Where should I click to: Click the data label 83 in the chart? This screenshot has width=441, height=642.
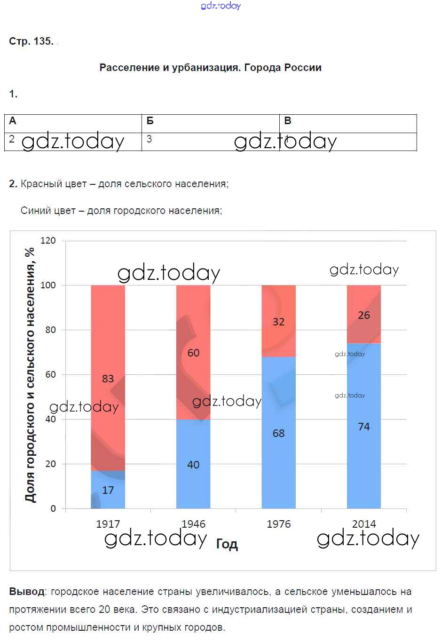click(108, 379)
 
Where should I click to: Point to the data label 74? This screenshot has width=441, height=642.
click(363, 427)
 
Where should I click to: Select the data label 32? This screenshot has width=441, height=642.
click(278, 322)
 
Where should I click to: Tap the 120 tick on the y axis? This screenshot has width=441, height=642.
click(48, 240)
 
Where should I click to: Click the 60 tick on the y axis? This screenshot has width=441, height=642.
click(50, 374)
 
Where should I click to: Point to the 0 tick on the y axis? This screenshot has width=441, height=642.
click(53, 508)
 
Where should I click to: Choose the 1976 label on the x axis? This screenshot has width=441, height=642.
click(278, 524)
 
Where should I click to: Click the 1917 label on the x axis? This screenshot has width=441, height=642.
click(108, 524)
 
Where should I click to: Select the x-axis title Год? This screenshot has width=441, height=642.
click(227, 544)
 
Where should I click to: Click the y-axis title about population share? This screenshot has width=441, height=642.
click(30, 375)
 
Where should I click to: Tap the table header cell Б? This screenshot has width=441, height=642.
click(150, 121)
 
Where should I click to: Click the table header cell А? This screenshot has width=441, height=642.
click(13, 121)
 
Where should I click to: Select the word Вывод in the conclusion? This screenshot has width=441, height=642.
click(27, 592)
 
